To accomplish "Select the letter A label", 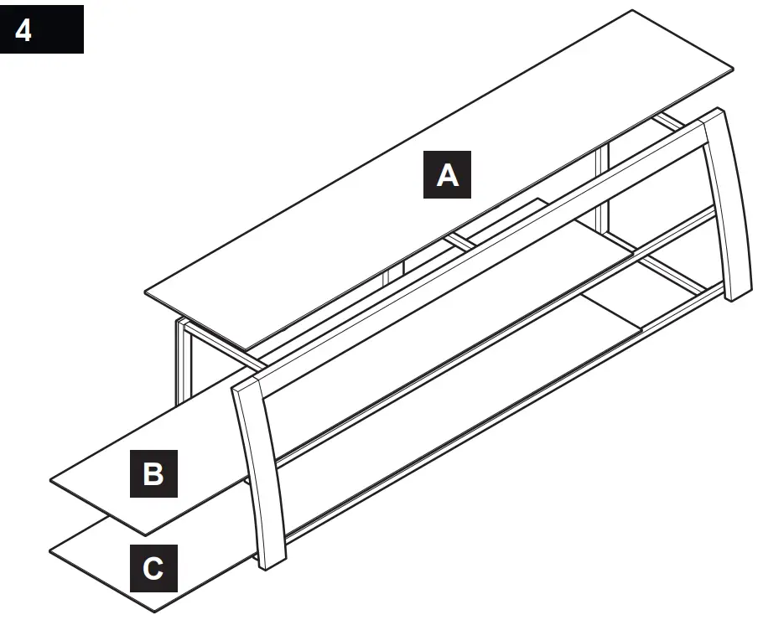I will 449,174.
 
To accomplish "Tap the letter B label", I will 153,473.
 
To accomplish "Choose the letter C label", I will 153,569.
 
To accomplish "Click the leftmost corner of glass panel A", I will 145,292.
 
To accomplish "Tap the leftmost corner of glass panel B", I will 51,481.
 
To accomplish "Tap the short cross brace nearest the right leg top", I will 668,121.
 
